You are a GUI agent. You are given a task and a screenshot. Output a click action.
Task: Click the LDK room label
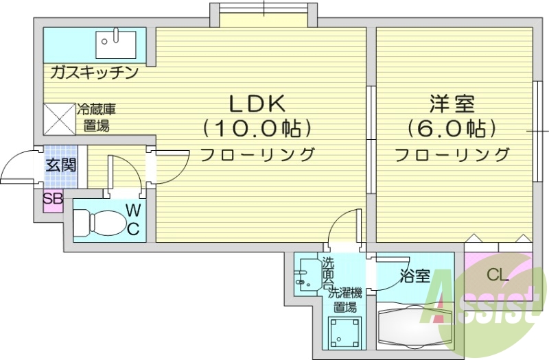[x=257, y=104]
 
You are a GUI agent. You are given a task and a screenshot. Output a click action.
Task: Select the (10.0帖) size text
[x=257, y=128]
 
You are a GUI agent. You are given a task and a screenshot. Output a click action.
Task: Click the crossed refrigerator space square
[x=59, y=119]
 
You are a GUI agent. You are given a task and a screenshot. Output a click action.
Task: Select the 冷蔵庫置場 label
[x=96, y=117]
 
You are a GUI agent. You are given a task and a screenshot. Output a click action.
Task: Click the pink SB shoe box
[x=53, y=200]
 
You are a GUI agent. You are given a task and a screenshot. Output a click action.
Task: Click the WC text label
[x=133, y=219]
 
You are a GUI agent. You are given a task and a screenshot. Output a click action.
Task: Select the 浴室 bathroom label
[x=414, y=276]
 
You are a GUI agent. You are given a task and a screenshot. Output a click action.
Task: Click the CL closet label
[x=498, y=276]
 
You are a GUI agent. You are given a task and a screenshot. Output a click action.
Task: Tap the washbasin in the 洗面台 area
[x=303, y=277]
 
